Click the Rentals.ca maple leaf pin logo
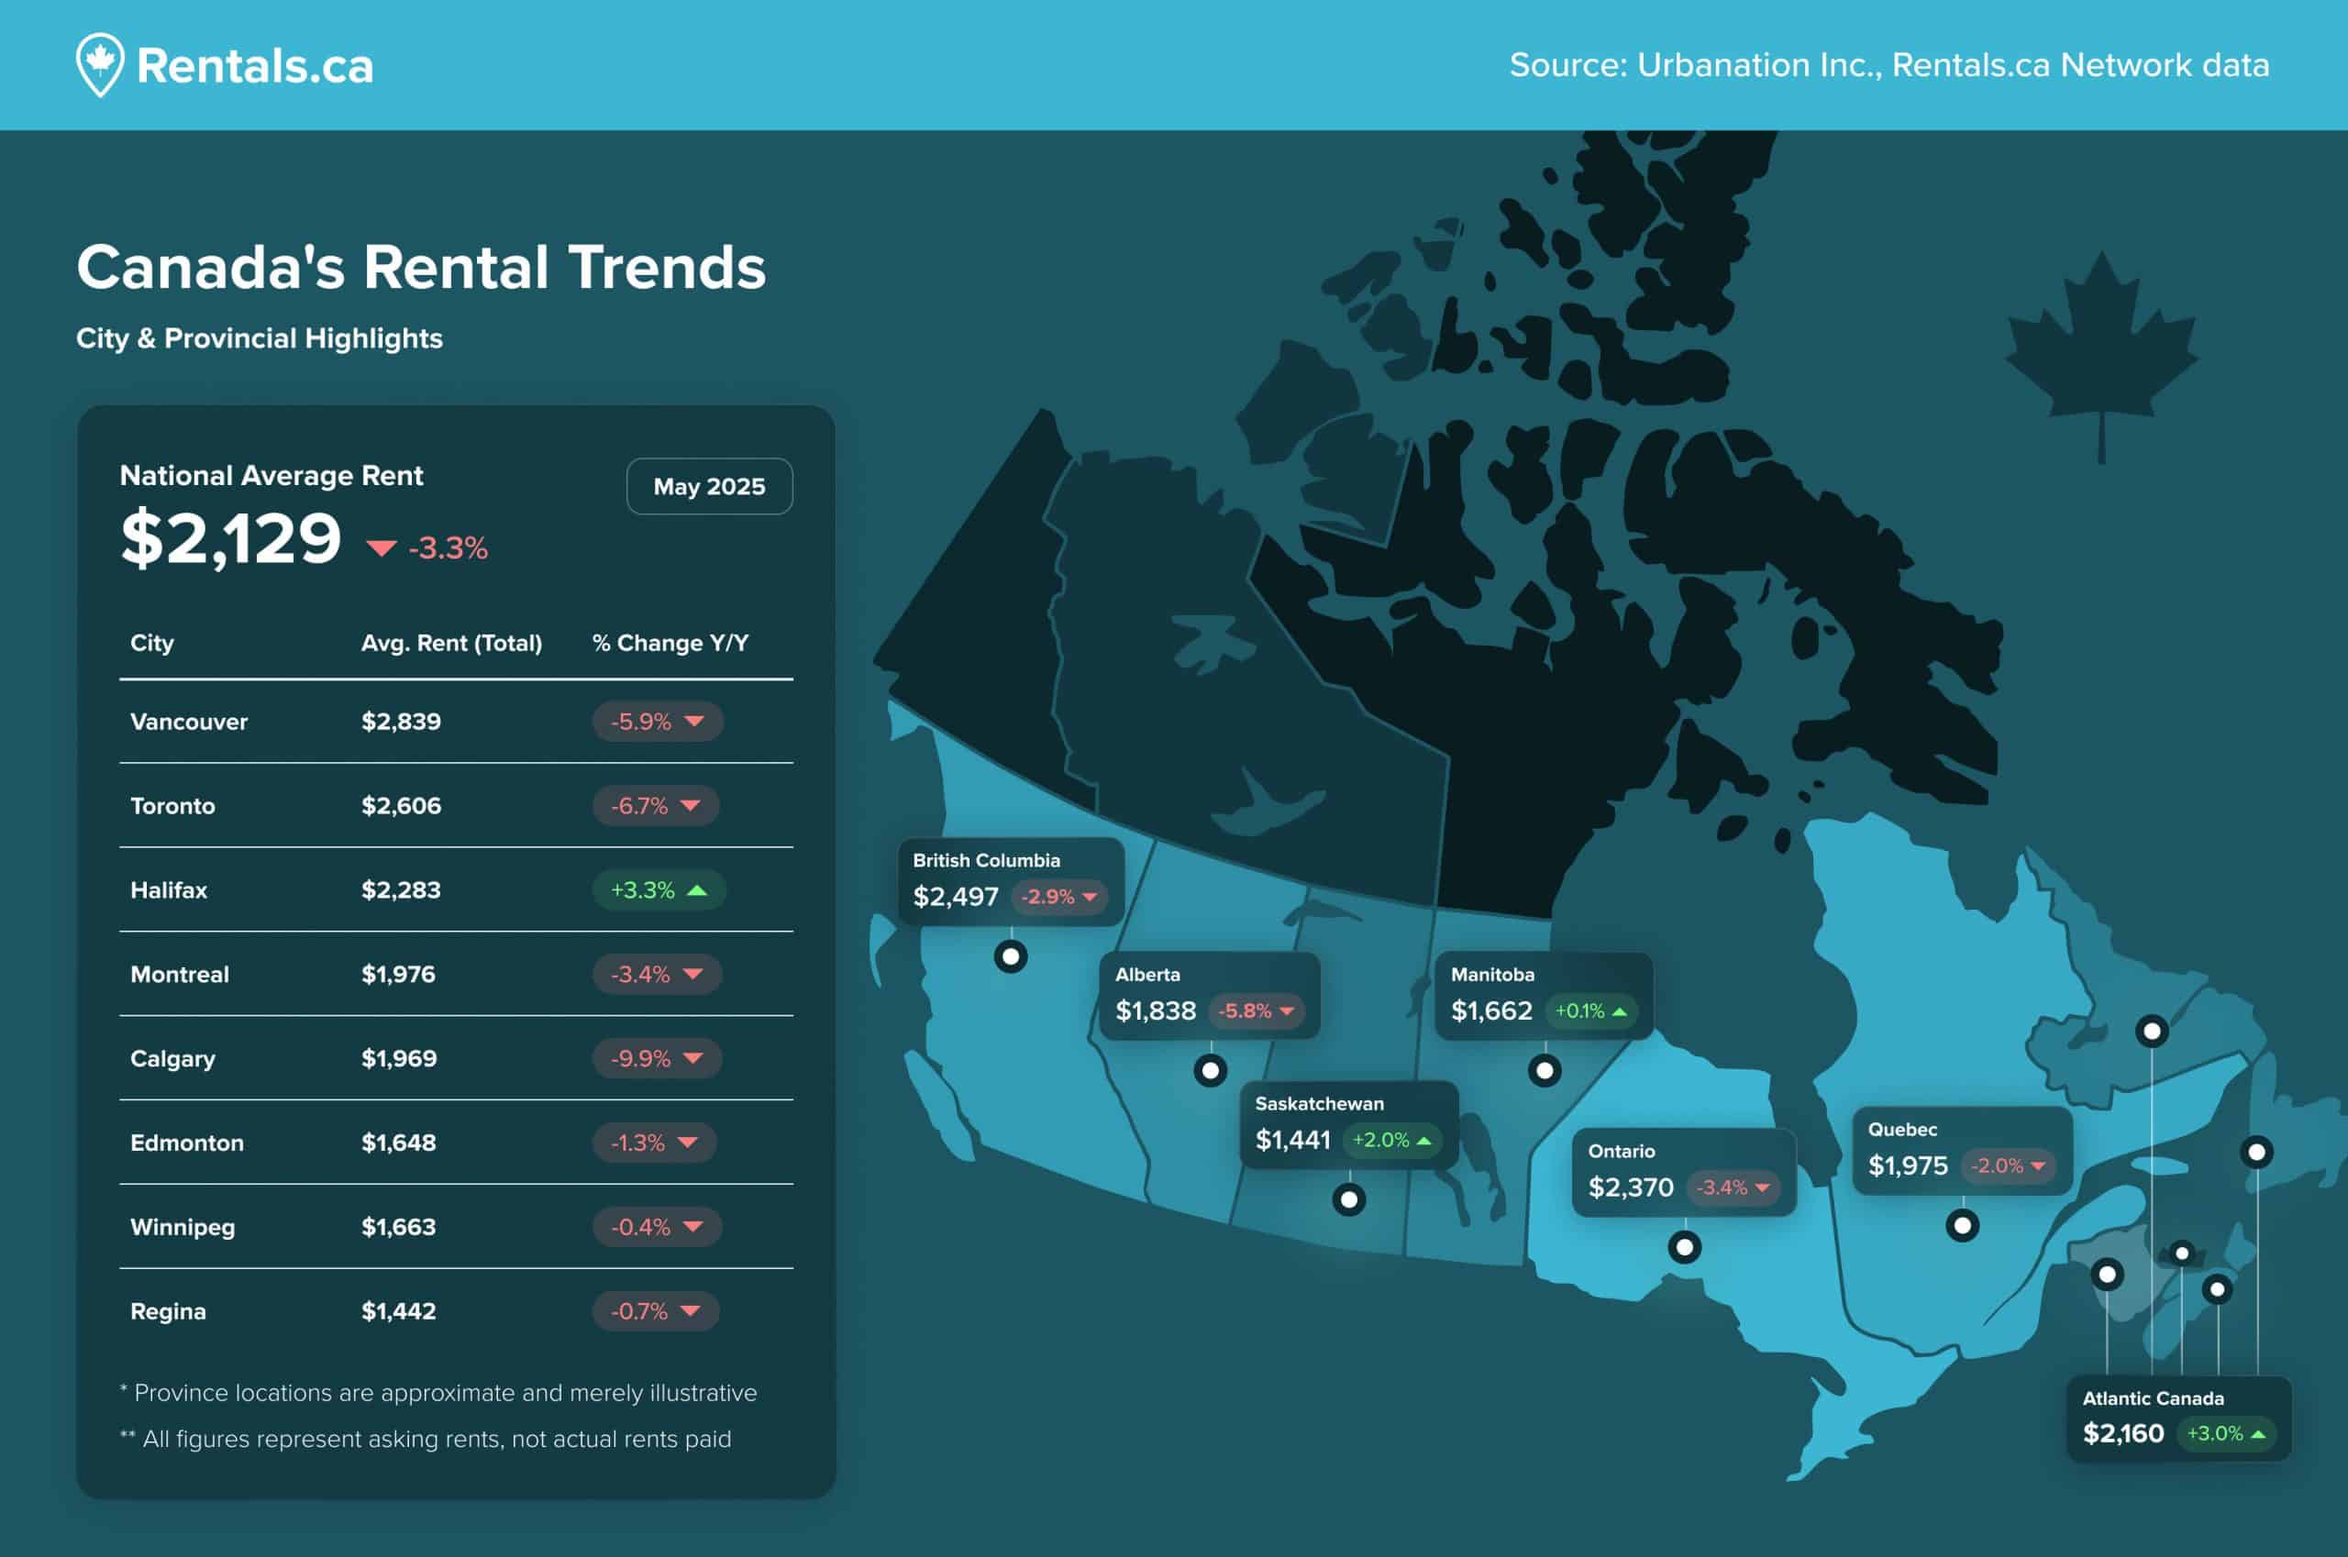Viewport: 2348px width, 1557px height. coord(100,64)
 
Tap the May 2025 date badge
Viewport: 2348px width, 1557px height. coord(709,487)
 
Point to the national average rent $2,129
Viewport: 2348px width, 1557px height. coord(230,538)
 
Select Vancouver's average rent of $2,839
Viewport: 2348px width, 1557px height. coord(401,722)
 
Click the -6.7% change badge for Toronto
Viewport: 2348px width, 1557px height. coord(656,805)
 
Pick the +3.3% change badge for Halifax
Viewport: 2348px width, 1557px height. coord(659,889)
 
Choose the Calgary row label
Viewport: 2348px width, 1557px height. coord(172,1058)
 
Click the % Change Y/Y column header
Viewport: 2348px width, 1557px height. coord(670,644)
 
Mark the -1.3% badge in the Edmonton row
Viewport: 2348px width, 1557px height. coord(654,1143)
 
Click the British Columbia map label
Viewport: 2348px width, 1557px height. coord(986,861)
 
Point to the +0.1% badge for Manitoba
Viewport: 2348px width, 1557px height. coord(1590,1010)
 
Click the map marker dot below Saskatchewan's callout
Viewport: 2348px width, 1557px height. coord(1349,1199)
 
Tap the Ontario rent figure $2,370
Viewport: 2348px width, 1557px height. coord(1631,1187)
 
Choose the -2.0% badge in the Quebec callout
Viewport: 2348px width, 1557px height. coord(2009,1165)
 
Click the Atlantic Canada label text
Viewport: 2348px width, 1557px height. coord(2154,1398)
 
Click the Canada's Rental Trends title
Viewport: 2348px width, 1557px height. coord(421,267)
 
